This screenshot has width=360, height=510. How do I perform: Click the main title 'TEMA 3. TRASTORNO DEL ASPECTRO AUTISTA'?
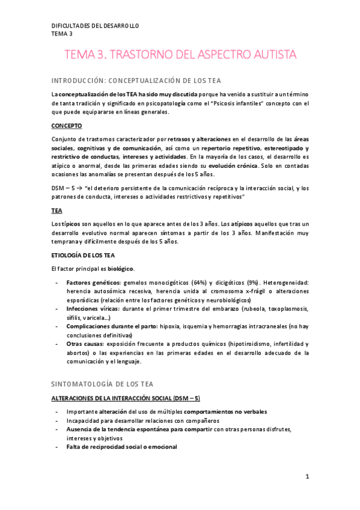pyautogui.click(x=180, y=55)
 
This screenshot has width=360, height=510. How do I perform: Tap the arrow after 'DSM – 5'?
pyautogui.click(x=80, y=188)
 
